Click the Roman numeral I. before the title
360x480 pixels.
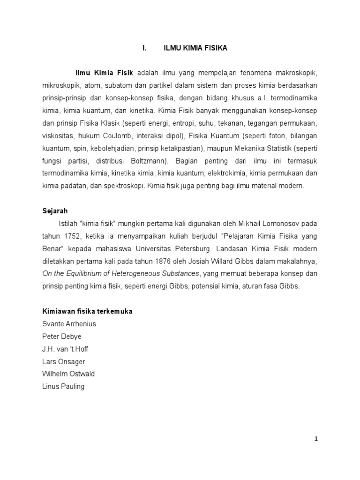coord(145,48)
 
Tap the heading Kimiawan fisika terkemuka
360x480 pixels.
coord(87,312)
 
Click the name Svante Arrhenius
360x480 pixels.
coord(68,324)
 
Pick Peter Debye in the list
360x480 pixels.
coord(61,337)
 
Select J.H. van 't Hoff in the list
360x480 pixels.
coord(65,349)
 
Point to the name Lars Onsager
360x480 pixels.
coord(64,361)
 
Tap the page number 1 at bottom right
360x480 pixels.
coord(316,439)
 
